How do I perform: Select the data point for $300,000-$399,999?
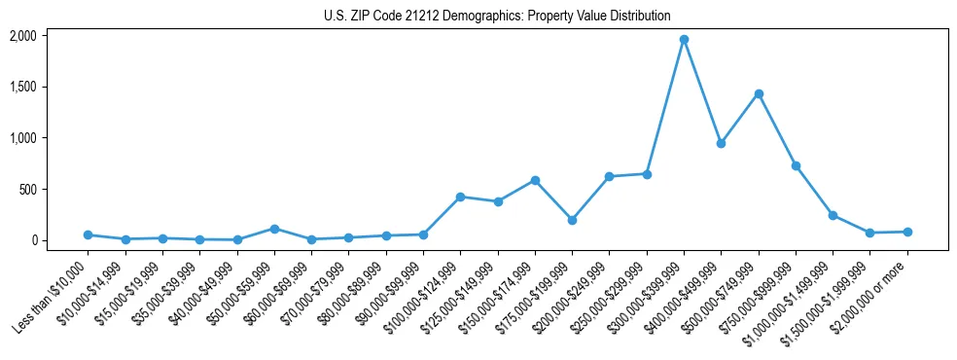[x=684, y=40]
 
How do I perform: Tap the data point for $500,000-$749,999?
[x=759, y=93]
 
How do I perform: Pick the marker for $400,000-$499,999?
[x=721, y=143]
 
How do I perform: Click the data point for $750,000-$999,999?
[x=796, y=166]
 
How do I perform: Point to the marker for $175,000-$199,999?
[x=572, y=220]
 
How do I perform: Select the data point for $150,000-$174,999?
[x=535, y=180]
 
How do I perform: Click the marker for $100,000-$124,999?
[x=460, y=197]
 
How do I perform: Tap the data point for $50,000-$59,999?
[x=274, y=229]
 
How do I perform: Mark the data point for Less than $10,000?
[x=88, y=234]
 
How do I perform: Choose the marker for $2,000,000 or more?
[x=907, y=232]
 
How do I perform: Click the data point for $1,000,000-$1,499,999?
[x=833, y=215]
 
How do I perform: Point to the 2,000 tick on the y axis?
[x=23, y=36]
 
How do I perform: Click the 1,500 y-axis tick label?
[x=23, y=87]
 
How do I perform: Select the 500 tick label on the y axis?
[x=28, y=189]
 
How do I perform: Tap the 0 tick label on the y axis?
[x=33, y=240]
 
